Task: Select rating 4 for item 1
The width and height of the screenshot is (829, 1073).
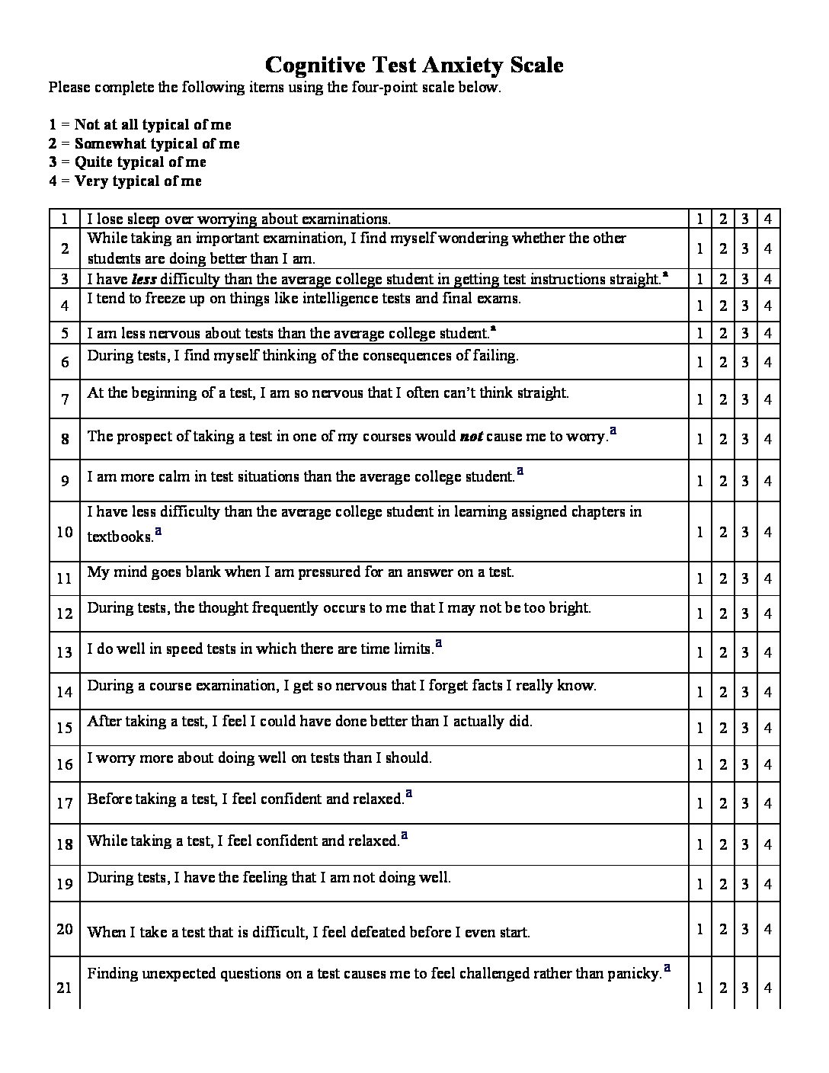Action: [x=767, y=219]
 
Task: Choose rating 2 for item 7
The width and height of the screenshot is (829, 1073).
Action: [x=722, y=399]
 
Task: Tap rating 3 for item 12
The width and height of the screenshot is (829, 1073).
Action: [x=745, y=613]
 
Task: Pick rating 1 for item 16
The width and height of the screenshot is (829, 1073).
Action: [x=699, y=764]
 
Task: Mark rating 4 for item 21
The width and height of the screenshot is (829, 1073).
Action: [x=767, y=988]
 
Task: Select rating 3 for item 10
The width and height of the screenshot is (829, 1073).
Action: [x=745, y=532]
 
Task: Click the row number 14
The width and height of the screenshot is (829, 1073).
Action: [x=65, y=691]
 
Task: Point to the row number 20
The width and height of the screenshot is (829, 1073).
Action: [x=65, y=929]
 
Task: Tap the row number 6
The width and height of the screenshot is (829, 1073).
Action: [x=65, y=362]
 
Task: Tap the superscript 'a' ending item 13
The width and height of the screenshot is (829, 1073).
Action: [x=439, y=644]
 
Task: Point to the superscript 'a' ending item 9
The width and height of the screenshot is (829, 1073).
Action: [x=520, y=472]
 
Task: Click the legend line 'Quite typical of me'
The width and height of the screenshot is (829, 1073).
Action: [x=140, y=162]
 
